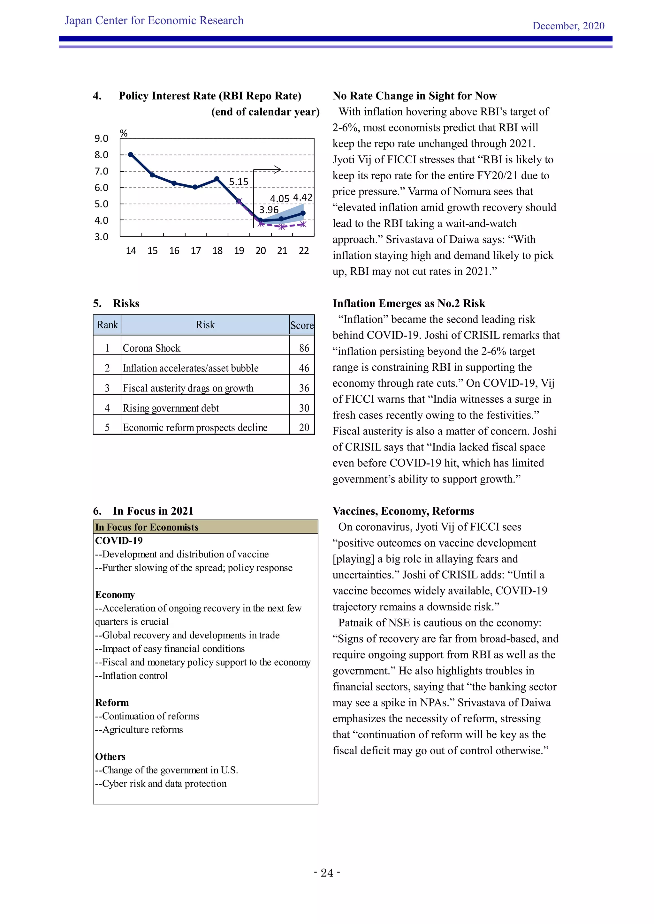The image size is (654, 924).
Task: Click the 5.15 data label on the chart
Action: (x=239, y=182)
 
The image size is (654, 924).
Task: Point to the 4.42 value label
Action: (x=302, y=197)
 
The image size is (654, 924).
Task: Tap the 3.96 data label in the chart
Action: (x=269, y=210)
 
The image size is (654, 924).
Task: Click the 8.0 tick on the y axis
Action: (x=102, y=155)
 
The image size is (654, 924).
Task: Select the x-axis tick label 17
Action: (x=196, y=251)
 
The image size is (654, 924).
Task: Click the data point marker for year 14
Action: (x=131, y=154)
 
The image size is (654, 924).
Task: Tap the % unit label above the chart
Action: (x=124, y=133)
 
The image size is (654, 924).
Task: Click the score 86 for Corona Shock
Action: (x=304, y=348)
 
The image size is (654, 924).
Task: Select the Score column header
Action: (x=302, y=325)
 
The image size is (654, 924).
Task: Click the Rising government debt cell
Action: (x=171, y=408)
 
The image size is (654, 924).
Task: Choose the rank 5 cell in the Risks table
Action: (x=107, y=428)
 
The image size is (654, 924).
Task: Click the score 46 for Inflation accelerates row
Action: (x=304, y=368)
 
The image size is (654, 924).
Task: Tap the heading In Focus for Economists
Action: (x=147, y=527)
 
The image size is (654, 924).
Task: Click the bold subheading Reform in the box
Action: (x=112, y=703)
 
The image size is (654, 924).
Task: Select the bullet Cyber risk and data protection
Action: (x=161, y=784)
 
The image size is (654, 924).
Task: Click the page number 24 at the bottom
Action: (x=327, y=873)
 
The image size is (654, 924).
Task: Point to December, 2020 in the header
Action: (x=568, y=26)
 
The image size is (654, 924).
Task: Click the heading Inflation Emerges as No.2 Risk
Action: (x=409, y=303)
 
